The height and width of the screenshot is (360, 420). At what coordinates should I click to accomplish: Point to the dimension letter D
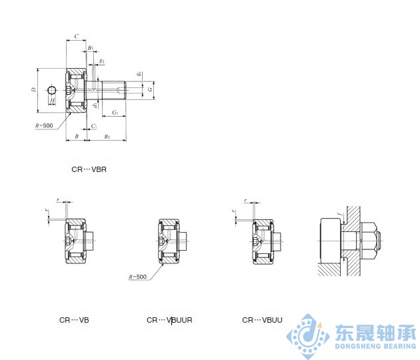tap(33, 89)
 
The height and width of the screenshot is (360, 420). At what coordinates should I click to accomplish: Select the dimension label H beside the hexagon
tap(53, 100)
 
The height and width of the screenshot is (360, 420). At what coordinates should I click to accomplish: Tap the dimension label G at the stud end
tap(150, 89)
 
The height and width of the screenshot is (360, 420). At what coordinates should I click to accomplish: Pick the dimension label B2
tap(107, 136)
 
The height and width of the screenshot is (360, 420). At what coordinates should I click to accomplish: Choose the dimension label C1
tap(94, 125)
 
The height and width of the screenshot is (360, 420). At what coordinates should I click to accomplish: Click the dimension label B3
tap(90, 49)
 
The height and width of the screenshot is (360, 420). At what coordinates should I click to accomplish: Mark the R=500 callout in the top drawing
tap(44, 125)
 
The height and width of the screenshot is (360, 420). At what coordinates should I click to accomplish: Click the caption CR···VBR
tap(89, 169)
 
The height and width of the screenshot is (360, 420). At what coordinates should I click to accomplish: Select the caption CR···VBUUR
tap(169, 320)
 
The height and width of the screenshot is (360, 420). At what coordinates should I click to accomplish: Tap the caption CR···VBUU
tap(262, 320)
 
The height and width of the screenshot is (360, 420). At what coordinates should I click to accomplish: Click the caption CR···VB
tap(74, 320)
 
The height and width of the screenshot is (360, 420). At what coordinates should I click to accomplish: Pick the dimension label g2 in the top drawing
tap(101, 61)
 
